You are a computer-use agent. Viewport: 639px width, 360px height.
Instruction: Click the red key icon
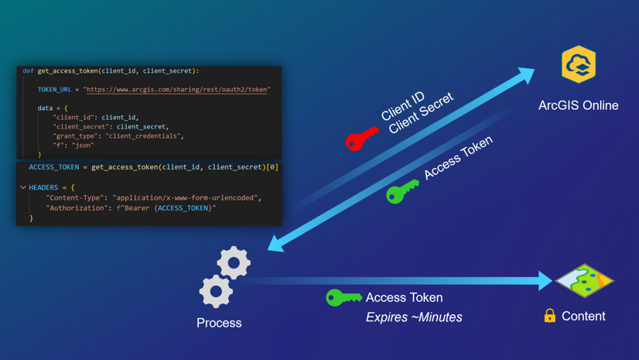coord(361,139)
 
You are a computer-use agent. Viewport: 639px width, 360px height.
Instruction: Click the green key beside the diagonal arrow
coord(402,191)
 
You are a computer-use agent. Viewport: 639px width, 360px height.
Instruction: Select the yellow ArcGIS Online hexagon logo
coord(579,64)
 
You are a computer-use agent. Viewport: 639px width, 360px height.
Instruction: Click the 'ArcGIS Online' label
coord(578,105)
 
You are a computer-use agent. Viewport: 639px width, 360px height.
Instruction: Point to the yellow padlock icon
coord(549,315)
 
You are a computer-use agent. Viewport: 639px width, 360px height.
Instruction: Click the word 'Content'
coord(583,316)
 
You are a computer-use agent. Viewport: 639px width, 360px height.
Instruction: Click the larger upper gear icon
coord(233,263)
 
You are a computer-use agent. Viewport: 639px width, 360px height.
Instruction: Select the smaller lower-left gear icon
coord(215,292)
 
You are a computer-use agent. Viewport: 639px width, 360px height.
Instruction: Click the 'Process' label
coord(219,323)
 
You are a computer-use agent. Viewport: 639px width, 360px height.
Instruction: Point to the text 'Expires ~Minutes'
coord(414,317)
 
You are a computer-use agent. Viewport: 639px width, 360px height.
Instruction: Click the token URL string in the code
coord(178,90)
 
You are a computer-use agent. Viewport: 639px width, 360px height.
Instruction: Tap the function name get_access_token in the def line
coord(67,71)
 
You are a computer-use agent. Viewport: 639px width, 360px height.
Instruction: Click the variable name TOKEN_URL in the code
coord(54,90)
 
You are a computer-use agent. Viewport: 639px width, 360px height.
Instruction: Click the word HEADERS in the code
coord(44,187)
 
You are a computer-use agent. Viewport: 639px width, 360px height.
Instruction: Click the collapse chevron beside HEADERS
coord(23,187)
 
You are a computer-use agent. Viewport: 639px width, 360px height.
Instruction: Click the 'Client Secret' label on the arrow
coord(421,114)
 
